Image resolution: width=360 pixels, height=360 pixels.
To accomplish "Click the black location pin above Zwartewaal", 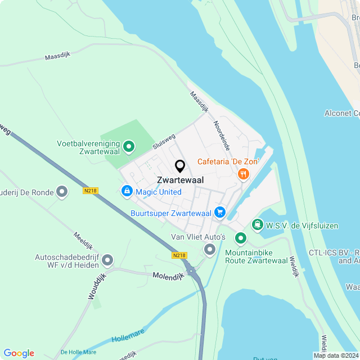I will (180, 166).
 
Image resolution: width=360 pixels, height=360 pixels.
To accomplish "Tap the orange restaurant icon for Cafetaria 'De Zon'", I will (243, 174).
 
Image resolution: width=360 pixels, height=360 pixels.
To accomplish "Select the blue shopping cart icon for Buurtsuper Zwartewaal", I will (219, 212).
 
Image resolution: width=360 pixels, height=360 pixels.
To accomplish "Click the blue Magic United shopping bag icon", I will (127, 192).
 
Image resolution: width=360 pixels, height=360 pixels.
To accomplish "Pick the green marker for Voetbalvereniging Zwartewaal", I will (128, 147).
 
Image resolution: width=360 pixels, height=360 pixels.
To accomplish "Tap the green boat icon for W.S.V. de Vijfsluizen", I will (258, 225).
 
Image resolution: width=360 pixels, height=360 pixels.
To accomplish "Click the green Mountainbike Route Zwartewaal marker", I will (240, 238).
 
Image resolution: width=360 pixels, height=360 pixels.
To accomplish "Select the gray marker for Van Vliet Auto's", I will (210, 249).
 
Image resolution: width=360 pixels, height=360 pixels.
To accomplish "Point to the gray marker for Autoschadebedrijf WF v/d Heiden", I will (107, 260).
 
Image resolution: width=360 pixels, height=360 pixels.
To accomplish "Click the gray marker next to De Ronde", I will (62, 192).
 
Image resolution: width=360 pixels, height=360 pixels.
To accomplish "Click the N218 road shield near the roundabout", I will (179, 255).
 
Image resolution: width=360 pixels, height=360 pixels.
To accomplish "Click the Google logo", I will (19, 353).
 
